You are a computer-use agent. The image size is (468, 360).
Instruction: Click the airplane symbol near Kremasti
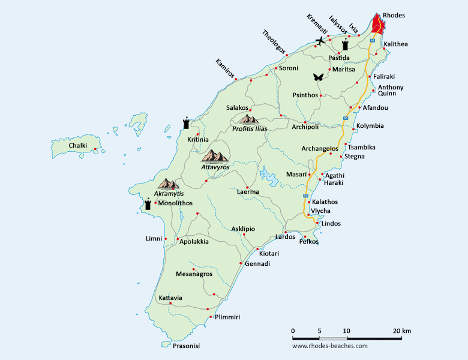click(x=320, y=41)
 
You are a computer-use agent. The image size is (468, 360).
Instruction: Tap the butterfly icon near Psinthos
click(x=318, y=77)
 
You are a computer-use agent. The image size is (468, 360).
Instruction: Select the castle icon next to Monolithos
click(x=148, y=204)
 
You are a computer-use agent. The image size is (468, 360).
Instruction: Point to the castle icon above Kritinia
click(x=187, y=124)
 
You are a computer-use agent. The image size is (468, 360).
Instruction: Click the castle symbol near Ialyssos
click(x=345, y=46)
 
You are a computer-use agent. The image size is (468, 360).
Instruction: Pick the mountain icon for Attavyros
click(x=215, y=156)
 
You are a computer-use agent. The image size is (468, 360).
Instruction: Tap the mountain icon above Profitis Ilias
click(x=248, y=119)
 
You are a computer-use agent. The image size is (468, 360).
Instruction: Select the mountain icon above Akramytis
click(x=168, y=184)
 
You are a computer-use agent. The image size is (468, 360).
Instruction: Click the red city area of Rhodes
click(x=378, y=25)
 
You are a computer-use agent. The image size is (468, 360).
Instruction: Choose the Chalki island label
click(x=78, y=146)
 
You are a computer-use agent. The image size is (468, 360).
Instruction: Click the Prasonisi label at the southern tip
click(x=186, y=346)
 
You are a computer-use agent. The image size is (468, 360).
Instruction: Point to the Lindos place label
click(x=331, y=224)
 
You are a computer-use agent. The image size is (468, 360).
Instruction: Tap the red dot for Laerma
click(x=247, y=185)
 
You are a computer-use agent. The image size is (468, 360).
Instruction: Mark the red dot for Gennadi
click(x=241, y=263)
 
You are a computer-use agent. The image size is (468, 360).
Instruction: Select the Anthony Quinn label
click(x=390, y=90)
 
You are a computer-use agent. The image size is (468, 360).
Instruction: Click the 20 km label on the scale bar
click(x=402, y=331)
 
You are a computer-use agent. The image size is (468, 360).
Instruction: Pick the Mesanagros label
click(x=194, y=274)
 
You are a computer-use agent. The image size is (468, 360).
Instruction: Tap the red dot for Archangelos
click(x=331, y=153)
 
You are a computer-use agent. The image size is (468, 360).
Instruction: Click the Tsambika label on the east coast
click(x=362, y=147)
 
